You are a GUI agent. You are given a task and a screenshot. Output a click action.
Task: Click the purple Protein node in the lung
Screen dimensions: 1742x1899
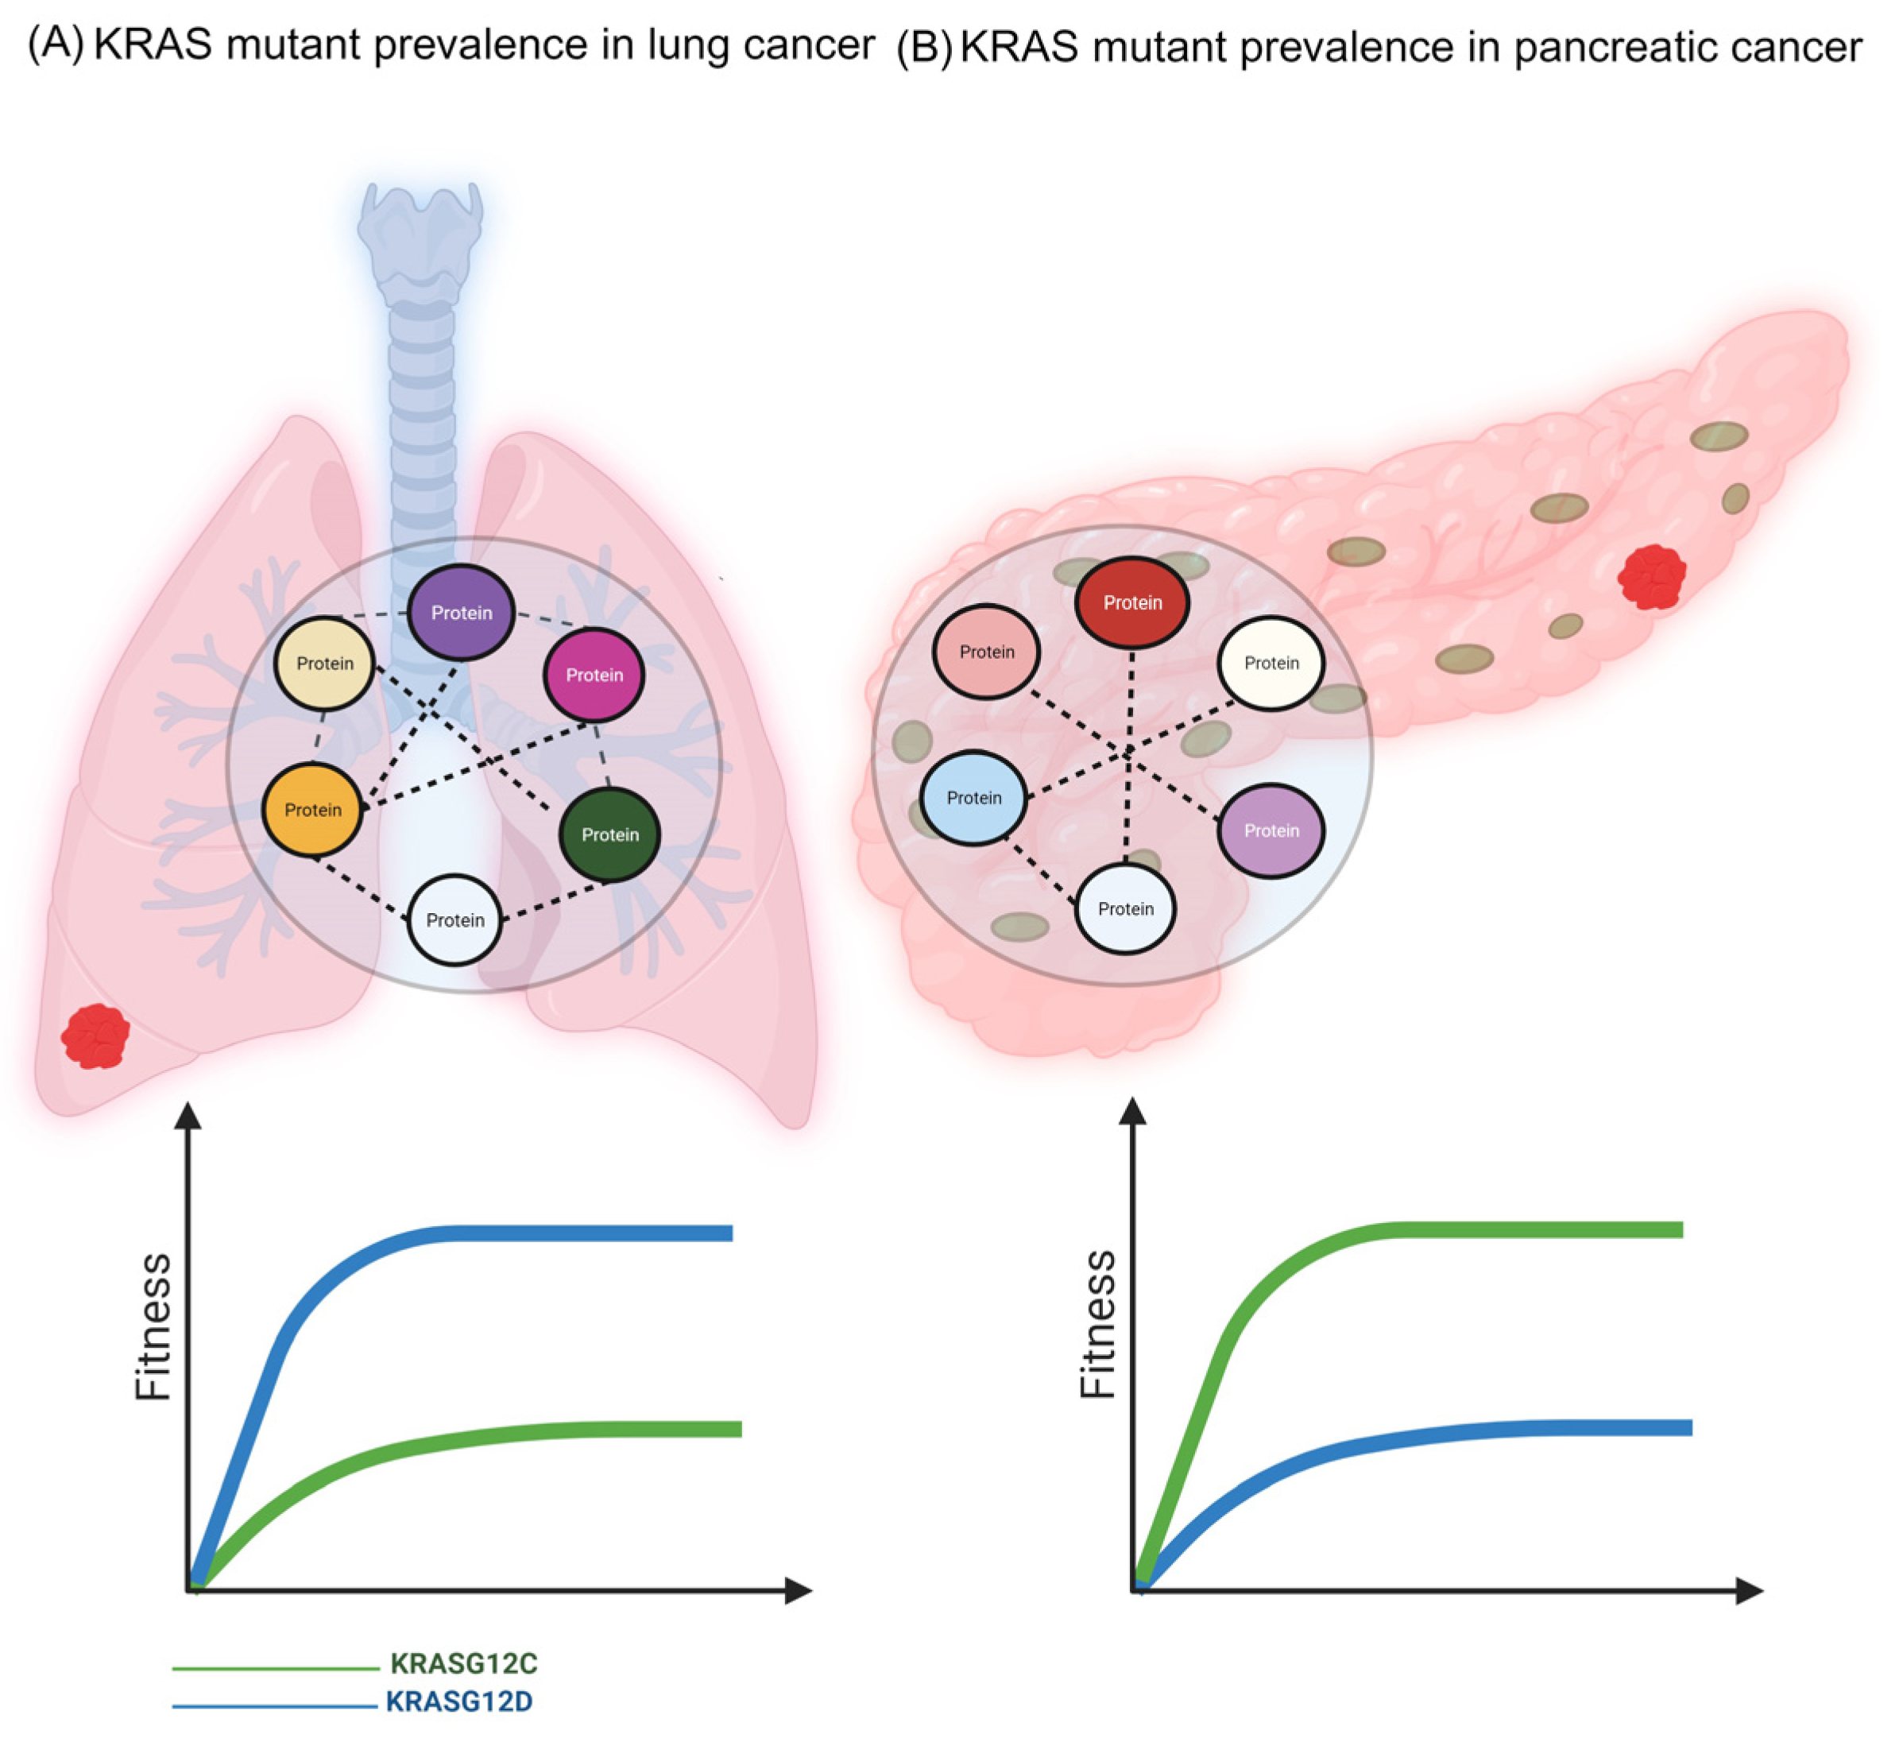(x=461, y=613)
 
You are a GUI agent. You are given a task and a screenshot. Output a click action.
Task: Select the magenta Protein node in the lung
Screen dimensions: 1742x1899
(x=594, y=675)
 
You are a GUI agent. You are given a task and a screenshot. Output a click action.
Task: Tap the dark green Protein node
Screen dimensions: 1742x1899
(x=609, y=834)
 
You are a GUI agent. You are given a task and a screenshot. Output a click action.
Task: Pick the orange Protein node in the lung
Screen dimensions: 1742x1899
(x=313, y=810)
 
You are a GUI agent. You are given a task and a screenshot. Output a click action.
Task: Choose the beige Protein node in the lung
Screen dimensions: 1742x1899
(x=325, y=664)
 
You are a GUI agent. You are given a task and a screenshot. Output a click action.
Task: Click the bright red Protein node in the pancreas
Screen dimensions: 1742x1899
(x=1132, y=602)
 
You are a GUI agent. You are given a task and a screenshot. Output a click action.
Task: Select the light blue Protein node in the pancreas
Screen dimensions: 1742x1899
(x=974, y=797)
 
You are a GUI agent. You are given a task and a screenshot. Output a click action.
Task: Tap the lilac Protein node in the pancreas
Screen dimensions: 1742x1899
(x=1271, y=830)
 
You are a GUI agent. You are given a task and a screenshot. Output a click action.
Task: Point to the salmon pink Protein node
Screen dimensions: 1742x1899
(x=987, y=652)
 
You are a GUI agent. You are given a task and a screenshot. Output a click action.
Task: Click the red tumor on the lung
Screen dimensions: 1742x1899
(x=95, y=1036)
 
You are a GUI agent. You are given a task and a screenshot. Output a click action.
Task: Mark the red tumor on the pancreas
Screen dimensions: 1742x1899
(x=1651, y=576)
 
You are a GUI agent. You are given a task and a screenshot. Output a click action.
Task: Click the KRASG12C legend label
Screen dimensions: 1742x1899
(x=464, y=1664)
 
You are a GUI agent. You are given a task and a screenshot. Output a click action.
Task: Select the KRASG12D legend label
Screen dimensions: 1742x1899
(x=459, y=1702)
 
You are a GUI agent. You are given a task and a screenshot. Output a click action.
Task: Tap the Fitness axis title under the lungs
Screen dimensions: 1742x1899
(x=153, y=1326)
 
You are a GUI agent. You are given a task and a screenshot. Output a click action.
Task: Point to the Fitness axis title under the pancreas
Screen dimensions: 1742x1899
(x=1098, y=1325)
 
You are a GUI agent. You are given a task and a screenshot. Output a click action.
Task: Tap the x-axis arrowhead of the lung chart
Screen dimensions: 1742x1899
(x=799, y=1591)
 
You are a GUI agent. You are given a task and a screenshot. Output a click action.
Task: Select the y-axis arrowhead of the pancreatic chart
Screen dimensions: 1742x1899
(x=1133, y=1113)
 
